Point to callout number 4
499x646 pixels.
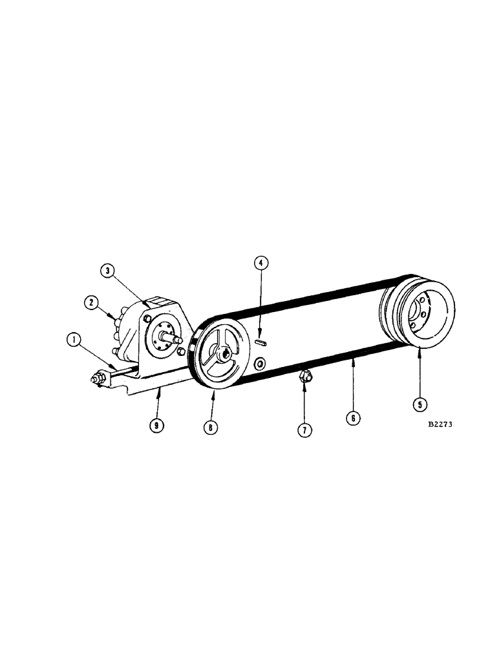tap(259, 263)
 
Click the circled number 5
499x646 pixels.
tap(421, 405)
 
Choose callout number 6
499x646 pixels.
tap(353, 418)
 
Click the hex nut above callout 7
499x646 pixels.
tap(304, 376)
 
